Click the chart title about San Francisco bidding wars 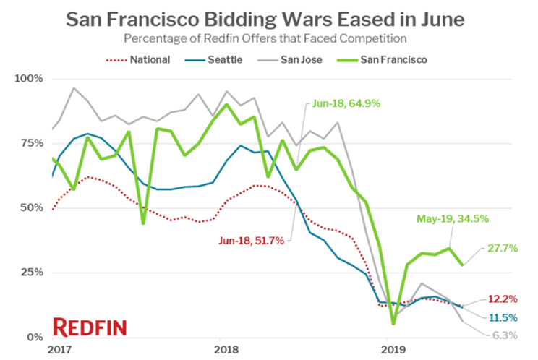268,19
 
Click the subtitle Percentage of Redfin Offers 268,38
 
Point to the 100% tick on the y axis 29,78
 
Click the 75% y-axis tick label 32,143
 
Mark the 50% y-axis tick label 32,207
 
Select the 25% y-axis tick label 32,273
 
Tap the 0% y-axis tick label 35,338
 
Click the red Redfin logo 90,327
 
